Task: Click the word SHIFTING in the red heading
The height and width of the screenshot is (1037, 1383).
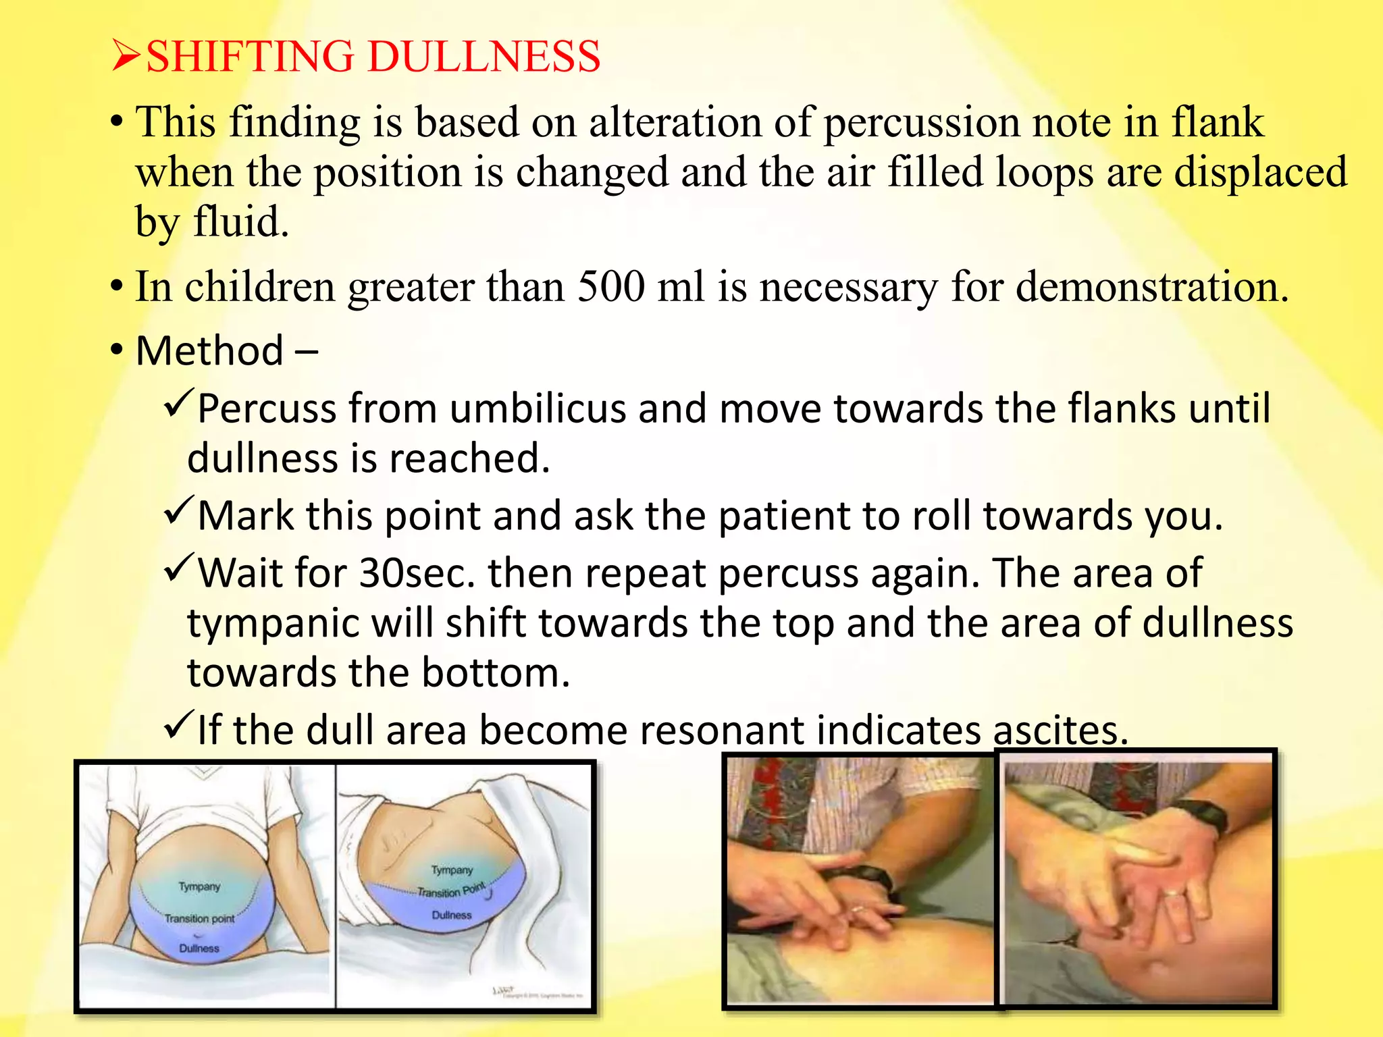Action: click(x=250, y=56)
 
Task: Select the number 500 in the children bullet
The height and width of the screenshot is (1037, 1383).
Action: click(x=611, y=287)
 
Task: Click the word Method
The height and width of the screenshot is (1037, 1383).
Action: click(x=209, y=351)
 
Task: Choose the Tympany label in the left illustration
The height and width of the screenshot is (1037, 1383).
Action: click(x=199, y=886)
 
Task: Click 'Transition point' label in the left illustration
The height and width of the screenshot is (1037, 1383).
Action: click(x=199, y=918)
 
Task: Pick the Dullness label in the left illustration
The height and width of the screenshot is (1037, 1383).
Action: click(x=199, y=948)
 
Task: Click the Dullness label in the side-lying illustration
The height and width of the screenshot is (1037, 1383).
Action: click(x=452, y=915)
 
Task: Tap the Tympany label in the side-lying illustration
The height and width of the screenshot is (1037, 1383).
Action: click(x=452, y=870)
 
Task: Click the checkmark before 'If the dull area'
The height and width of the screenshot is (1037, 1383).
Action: click(x=178, y=726)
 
